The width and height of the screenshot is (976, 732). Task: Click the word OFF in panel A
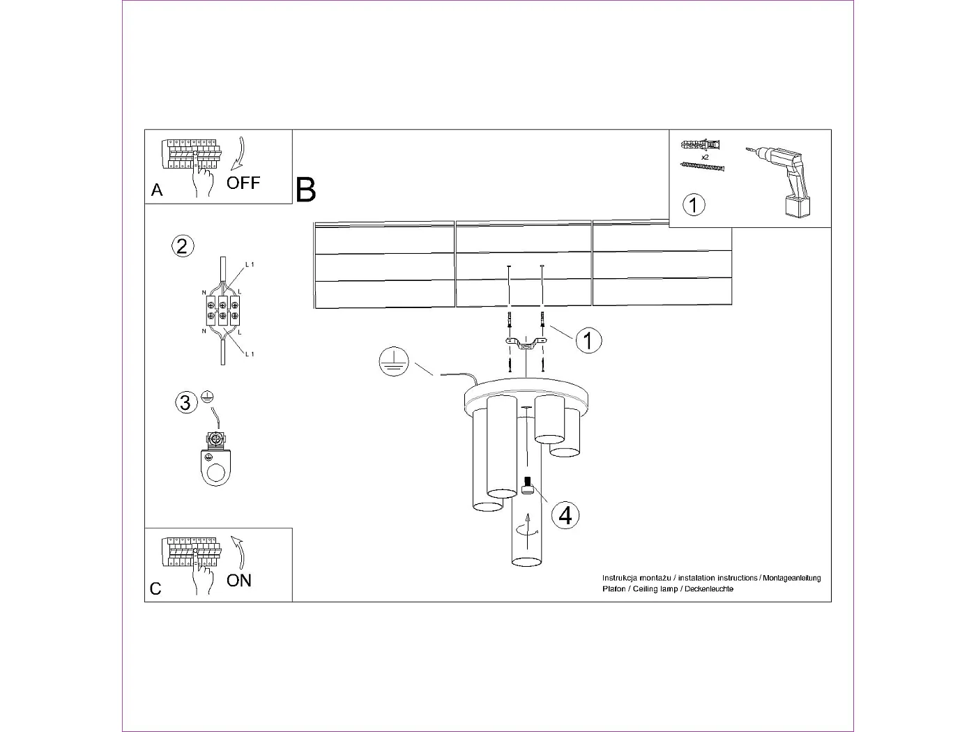click(x=243, y=183)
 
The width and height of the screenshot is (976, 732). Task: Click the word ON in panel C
click(x=239, y=580)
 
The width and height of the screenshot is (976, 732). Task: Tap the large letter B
click(x=305, y=190)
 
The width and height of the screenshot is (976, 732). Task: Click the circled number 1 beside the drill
click(x=694, y=205)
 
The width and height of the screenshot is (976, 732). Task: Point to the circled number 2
click(x=183, y=246)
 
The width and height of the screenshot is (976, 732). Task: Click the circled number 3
click(x=185, y=402)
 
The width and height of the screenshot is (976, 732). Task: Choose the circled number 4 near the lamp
click(x=565, y=515)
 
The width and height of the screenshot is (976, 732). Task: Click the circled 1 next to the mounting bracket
click(x=589, y=341)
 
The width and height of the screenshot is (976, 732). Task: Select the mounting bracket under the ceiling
click(x=526, y=342)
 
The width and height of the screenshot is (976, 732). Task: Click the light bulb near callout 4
click(x=528, y=485)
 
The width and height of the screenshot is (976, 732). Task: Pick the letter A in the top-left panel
click(x=157, y=190)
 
